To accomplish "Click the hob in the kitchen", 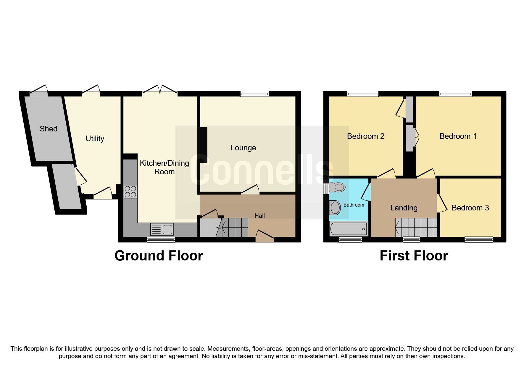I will (130, 191).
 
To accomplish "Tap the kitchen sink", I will (162, 229).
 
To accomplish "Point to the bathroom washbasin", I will (335, 207).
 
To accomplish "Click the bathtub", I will (349, 229).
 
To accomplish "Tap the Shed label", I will (49, 129).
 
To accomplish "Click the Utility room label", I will (95, 139).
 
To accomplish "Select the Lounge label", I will (243, 148).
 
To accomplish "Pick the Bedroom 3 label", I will (470, 208).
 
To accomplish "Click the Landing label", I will (404, 208).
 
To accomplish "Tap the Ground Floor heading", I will (159, 256).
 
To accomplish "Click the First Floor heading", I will (414, 256).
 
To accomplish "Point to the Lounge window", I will (254, 94).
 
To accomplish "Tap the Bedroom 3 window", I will (478, 239).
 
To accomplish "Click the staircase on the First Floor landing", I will (416, 227).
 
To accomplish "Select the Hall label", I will (259, 216).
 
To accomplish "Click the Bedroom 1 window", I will (455, 94).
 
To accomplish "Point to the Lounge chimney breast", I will (203, 145).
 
